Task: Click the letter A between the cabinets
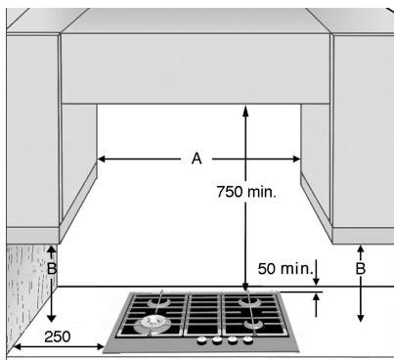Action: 197,157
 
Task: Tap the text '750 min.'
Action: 245,193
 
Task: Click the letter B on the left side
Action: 52,267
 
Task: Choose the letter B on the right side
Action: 360,267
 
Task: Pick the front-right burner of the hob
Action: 251,323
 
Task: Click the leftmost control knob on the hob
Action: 201,341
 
